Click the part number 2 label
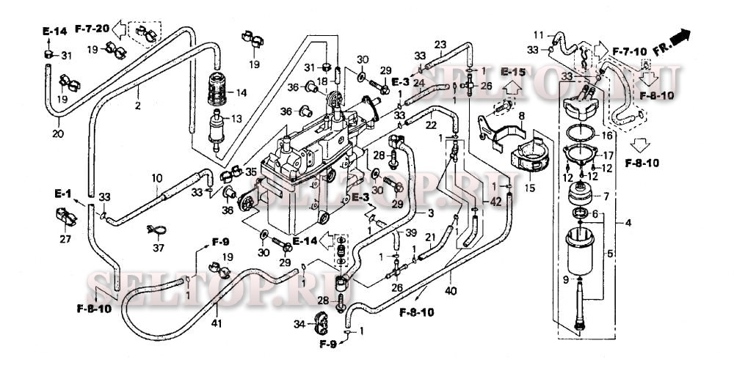(x=137, y=106)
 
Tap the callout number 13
(x=236, y=118)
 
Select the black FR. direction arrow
(x=683, y=35)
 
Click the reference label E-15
(x=514, y=72)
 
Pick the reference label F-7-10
(x=630, y=53)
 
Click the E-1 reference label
(x=62, y=196)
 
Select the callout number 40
(x=451, y=292)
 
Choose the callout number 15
(x=529, y=188)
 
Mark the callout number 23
(x=440, y=45)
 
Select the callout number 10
(x=156, y=178)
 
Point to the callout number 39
(x=411, y=232)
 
